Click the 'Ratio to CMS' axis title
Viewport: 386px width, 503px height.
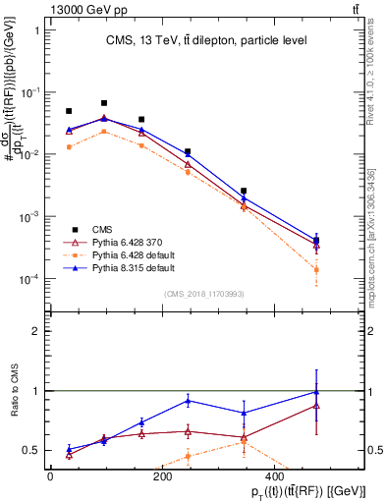[14, 390]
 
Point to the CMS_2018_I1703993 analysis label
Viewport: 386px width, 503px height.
[205, 294]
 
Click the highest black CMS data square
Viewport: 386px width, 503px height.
[104, 103]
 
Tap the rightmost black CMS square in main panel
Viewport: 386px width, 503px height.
[316, 240]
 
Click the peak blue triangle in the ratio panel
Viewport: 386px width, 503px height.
[316, 392]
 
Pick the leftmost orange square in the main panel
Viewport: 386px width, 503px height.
[69, 147]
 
